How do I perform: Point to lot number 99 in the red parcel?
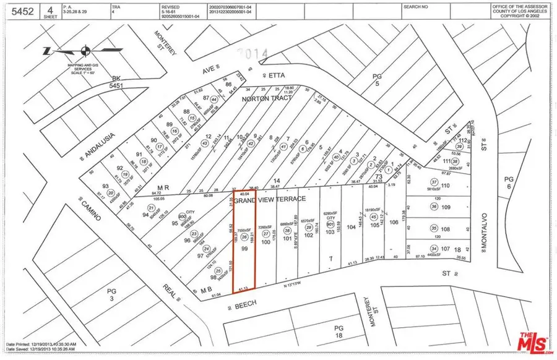[x=244, y=247]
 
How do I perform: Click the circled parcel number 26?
[x=244, y=237]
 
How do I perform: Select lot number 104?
[x=352, y=227]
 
